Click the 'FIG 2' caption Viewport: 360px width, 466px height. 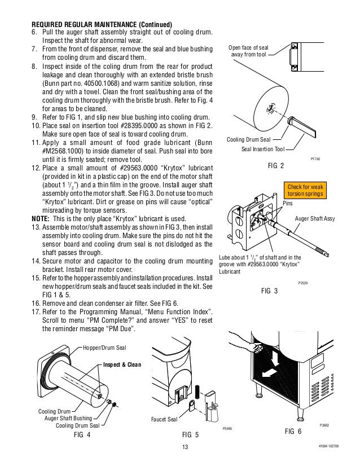click(276, 166)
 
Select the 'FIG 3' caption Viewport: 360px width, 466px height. click(271, 292)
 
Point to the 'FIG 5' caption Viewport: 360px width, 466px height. click(190, 436)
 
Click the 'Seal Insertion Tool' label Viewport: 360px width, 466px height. click(263, 149)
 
